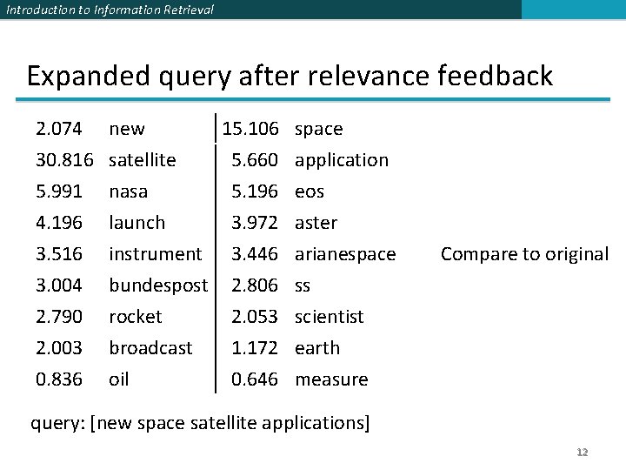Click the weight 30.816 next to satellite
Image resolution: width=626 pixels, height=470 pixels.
pyautogui.click(x=64, y=160)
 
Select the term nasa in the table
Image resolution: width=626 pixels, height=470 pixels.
pyautogui.click(x=128, y=191)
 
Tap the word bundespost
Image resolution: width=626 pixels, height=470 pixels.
pyautogui.click(x=158, y=285)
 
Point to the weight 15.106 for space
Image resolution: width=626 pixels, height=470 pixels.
pyautogui.click(x=250, y=129)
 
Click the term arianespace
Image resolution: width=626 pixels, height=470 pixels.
pyautogui.click(x=345, y=254)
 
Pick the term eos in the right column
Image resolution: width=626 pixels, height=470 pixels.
pyautogui.click(x=310, y=191)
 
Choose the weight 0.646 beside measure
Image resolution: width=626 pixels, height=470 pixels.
pyautogui.click(x=255, y=379)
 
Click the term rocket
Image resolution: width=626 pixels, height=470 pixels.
pyautogui.click(x=136, y=317)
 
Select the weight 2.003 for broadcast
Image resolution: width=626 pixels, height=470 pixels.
pyautogui.click(x=59, y=348)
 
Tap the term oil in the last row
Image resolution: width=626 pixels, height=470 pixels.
pyautogui.click(x=118, y=379)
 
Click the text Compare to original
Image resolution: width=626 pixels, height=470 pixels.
pyautogui.click(x=524, y=254)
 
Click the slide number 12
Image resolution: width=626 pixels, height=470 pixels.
pyautogui.click(x=583, y=453)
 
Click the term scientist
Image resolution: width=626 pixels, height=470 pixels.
pyautogui.click(x=330, y=317)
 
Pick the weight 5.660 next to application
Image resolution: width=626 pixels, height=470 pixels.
pyautogui.click(x=255, y=160)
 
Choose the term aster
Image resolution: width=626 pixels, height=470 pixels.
pyautogui.click(x=316, y=223)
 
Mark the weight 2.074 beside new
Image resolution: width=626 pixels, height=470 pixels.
pyautogui.click(x=59, y=129)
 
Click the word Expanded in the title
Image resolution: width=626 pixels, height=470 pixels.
pyautogui.click(x=79, y=76)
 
